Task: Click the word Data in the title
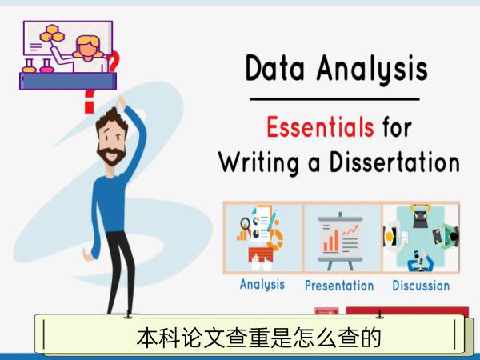click(x=275, y=68)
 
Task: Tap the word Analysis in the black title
click(x=372, y=69)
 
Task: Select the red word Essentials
click(x=320, y=126)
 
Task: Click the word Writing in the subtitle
click(x=258, y=163)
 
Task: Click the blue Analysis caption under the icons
click(x=262, y=284)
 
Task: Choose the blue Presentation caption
click(x=339, y=286)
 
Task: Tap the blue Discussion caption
click(x=421, y=286)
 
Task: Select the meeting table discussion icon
click(x=422, y=238)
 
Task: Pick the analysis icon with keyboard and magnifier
click(x=261, y=238)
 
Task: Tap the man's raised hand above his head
click(x=121, y=102)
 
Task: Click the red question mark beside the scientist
click(x=114, y=62)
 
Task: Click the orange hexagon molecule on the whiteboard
click(x=52, y=34)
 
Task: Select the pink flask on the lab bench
click(x=46, y=66)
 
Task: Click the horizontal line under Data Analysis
click(x=334, y=99)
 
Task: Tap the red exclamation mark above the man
click(x=89, y=102)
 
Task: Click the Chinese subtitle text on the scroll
click(x=258, y=338)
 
